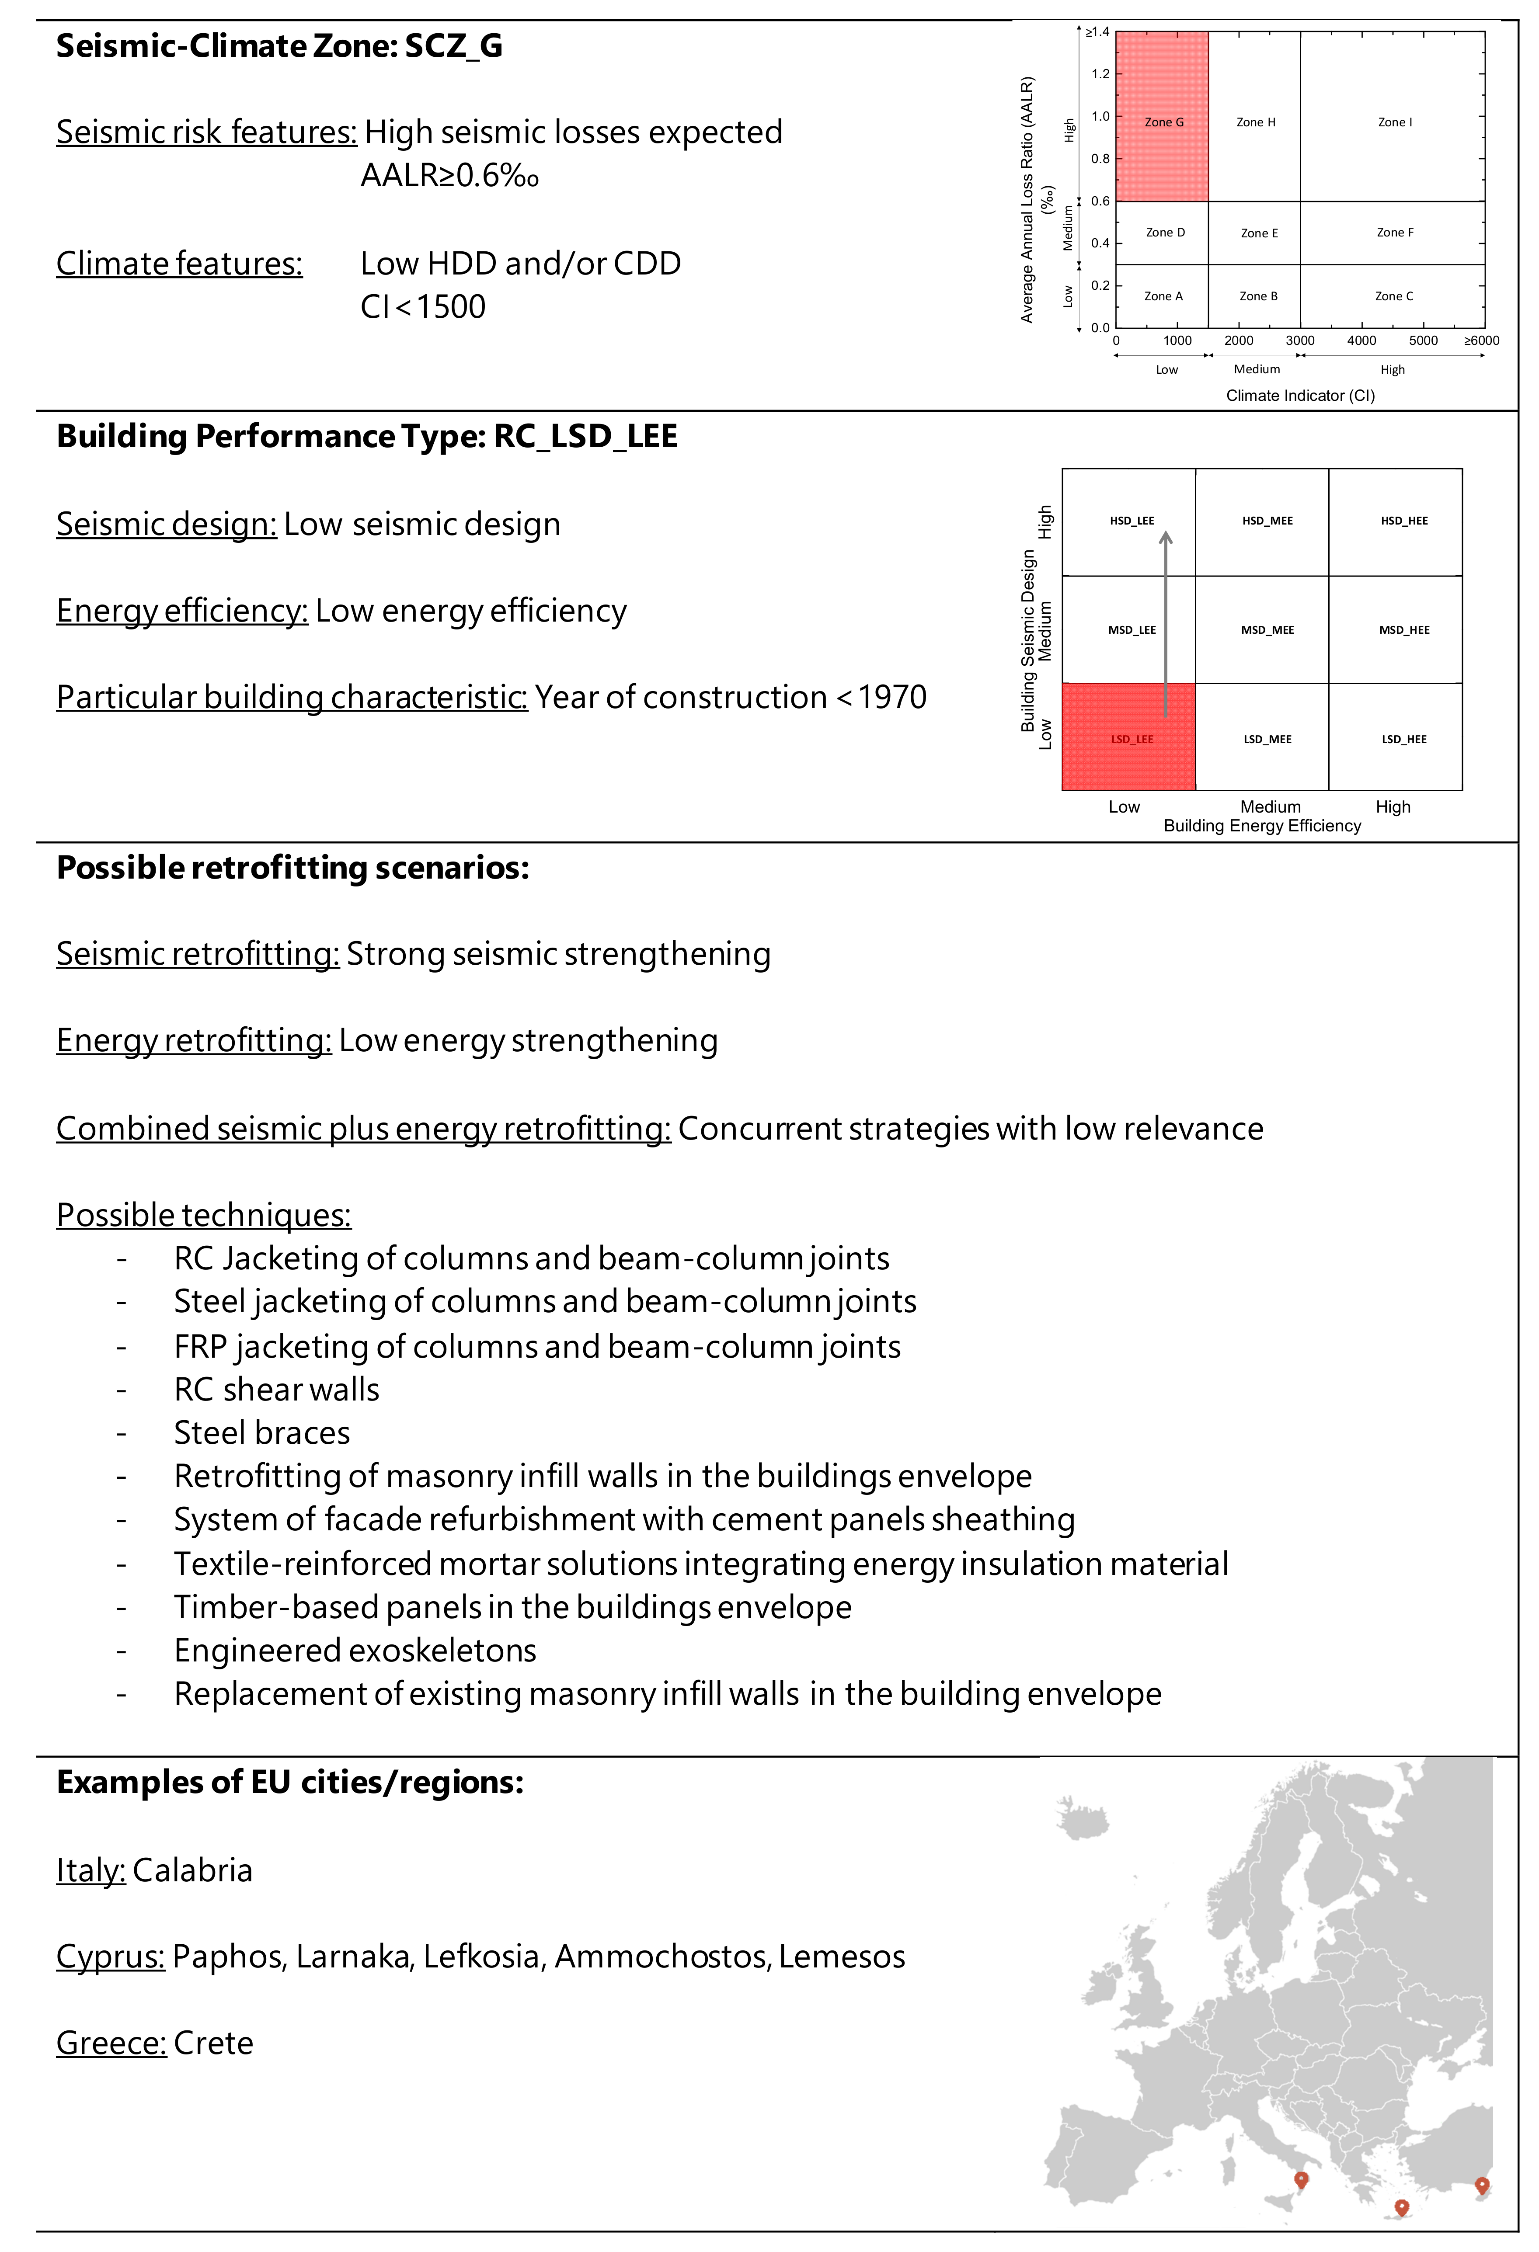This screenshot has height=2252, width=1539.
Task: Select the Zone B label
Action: click(x=1258, y=296)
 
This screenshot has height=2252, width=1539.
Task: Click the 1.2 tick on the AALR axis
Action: click(x=1100, y=73)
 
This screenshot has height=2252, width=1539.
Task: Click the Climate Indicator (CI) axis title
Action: click(x=1299, y=395)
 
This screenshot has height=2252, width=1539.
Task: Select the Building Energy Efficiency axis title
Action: click(x=1262, y=826)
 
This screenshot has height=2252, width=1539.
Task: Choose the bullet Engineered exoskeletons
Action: click(x=355, y=1650)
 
